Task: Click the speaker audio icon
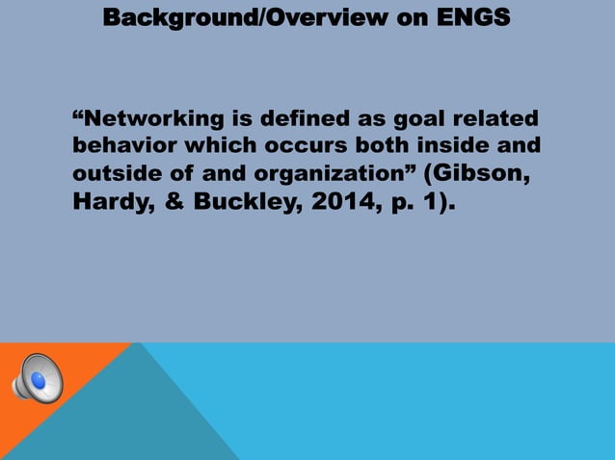[37, 378]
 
